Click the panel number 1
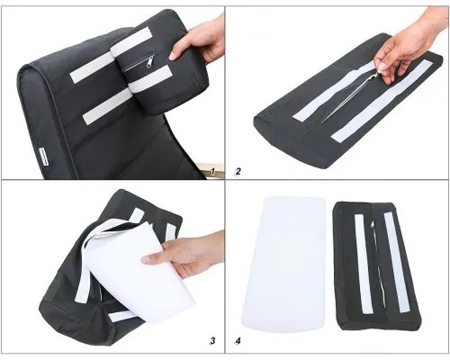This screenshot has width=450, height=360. tap(212, 172)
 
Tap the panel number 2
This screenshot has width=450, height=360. tap(238, 172)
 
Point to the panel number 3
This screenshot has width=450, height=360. tap(212, 341)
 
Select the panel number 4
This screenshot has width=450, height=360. tap(238, 341)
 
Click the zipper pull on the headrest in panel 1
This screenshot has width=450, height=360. tap(149, 62)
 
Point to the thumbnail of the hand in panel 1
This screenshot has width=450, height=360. tap(173, 56)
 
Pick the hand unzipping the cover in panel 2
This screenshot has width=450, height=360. tap(411, 45)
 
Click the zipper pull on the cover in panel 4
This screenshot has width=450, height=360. tap(373, 224)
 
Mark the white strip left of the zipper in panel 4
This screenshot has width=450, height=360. tap(364, 264)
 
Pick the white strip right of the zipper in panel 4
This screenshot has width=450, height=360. tap(396, 262)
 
